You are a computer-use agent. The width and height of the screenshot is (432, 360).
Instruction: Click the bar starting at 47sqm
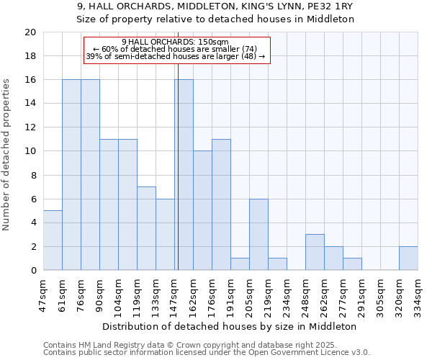click(x=53, y=240)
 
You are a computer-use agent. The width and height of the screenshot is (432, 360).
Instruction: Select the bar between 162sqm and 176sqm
click(x=202, y=211)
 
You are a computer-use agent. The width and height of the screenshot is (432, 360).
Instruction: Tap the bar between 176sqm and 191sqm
click(x=221, y=205)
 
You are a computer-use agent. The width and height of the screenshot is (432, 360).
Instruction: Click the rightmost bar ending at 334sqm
click(x=408, y=258)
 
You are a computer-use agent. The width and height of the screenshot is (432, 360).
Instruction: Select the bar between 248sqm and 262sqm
click(x=315, y=253)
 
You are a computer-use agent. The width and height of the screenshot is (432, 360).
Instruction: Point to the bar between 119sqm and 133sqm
click(x=146, y=229)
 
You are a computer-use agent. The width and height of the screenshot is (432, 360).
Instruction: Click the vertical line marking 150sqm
click(x=177, y=173)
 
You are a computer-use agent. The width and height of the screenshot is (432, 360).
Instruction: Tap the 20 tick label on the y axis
click(x=30, y=32)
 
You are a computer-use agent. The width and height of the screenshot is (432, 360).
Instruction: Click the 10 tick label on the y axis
click(x=30, y=151)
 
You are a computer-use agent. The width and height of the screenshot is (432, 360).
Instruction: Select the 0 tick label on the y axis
click(x=32, y=271)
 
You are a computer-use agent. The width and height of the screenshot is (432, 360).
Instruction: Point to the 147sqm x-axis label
click(x=174, y=295)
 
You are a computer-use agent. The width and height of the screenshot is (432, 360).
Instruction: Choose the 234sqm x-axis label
click(x=287, y=295)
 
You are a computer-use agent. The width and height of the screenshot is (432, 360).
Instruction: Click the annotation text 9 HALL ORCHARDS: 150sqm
click(x=176, y=42)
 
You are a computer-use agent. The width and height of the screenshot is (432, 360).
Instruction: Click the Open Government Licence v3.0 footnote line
click(x=207, y=352)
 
